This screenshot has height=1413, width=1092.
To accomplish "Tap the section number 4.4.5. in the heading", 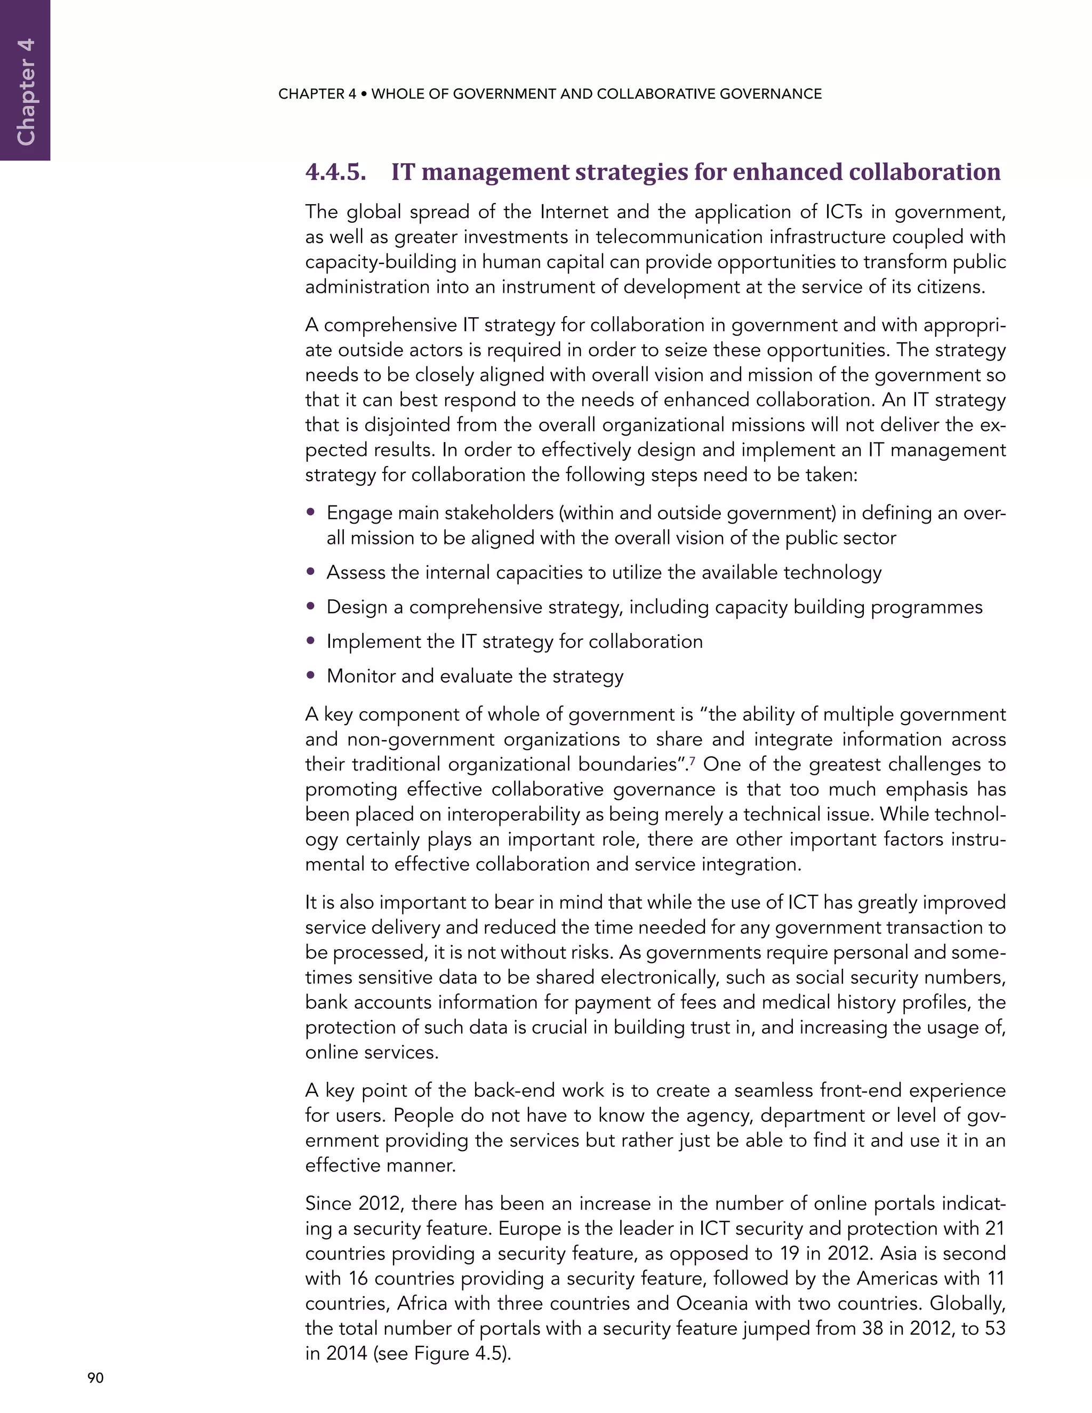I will point(335,172).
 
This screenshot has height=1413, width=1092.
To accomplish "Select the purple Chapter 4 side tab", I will point(25,80).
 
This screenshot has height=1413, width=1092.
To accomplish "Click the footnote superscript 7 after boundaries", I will point(693,761).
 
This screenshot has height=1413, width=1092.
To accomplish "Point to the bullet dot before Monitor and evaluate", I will point(311,676).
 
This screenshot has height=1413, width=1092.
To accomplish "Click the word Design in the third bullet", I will point(356,607).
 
